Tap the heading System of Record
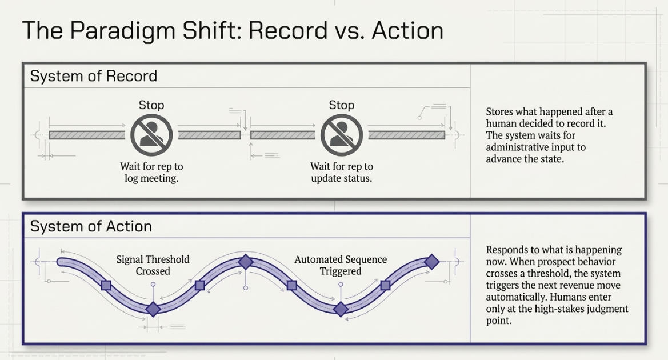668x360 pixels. coord(94,76)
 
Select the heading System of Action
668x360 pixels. coord(91,226)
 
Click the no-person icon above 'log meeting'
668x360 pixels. coord(151,135)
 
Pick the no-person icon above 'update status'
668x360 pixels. coord(342,135)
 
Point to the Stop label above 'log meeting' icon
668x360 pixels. coord(151,105)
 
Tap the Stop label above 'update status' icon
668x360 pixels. coord(342,105)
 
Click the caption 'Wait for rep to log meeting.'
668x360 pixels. coord(151,172)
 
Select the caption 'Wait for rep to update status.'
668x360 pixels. coord(342,172)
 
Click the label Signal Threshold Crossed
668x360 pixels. coord(153,265)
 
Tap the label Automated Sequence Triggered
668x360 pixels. coord(341,265)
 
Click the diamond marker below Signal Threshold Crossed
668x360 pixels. coord(153,309)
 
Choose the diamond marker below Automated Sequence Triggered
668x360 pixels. coord(341,309)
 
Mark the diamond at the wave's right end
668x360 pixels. coord(432,262)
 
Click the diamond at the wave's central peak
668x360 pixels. coord(246,262)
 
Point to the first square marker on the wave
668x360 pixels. coord(106,286)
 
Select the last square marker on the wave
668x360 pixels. coord(385,286)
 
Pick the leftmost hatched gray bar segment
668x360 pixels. coord(87,135)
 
